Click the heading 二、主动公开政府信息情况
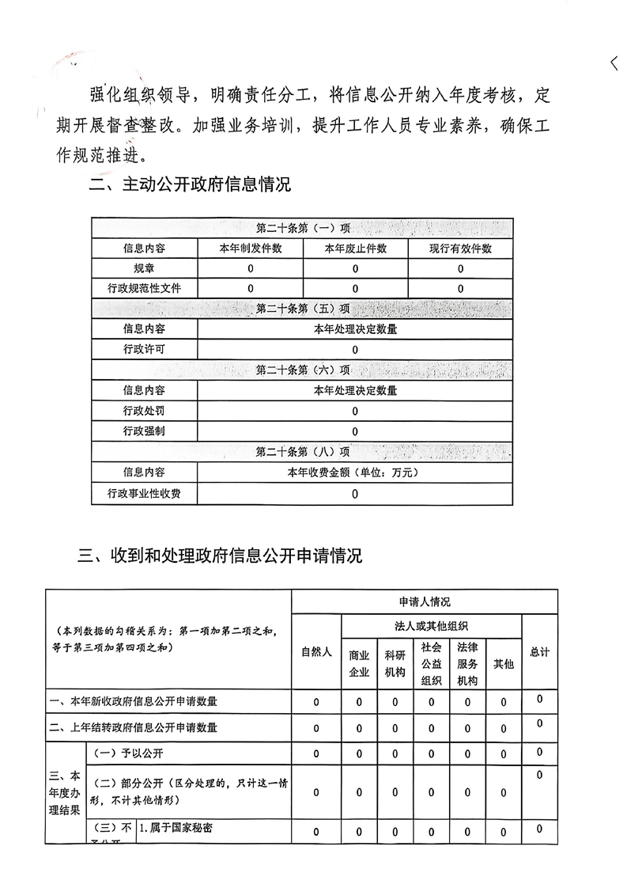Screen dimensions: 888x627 coord(190,185)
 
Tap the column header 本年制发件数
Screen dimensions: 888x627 coord(250,249)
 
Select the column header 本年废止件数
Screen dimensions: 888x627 coord(355,249)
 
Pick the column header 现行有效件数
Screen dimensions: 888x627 coord(460,249)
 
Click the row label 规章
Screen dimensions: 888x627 coord(144,268)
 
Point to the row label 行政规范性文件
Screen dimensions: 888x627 coord(144,288)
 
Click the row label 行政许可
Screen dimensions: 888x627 coord(144,349)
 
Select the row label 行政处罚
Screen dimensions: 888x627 coord(144,411)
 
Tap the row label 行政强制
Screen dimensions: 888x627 coord(144,431)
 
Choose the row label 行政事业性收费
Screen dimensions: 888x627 coord(144,494)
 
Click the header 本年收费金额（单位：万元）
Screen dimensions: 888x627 coord(355,472)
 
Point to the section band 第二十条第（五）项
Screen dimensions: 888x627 coord(302,308)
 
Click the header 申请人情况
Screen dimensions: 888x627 coord(425,602)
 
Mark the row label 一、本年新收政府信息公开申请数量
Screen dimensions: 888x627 coord(134,701)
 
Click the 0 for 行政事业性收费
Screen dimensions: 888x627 coord(355,494)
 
